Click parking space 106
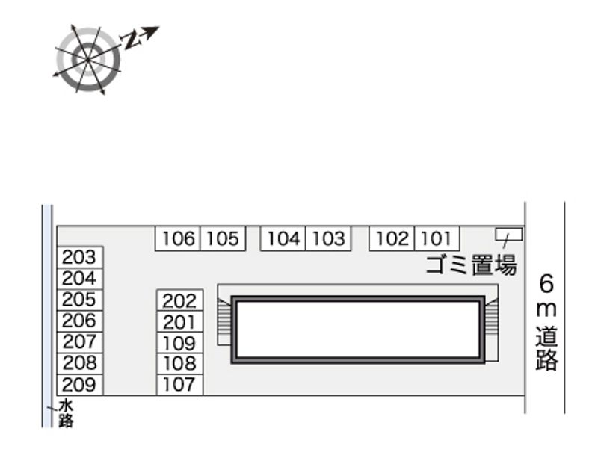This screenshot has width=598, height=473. pos(178,238)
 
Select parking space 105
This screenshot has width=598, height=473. pos(223,238)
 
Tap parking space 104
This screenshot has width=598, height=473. pos(283,238)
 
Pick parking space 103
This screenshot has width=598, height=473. pos(328,238)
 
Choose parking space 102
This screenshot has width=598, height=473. pos(392,238)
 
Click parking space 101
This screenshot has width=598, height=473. pos(437,238)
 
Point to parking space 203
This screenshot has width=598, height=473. pos(80,257)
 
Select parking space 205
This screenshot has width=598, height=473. pos(80,300)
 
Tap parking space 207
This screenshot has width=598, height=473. pos(80,342)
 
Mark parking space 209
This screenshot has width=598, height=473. pos(80,385)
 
